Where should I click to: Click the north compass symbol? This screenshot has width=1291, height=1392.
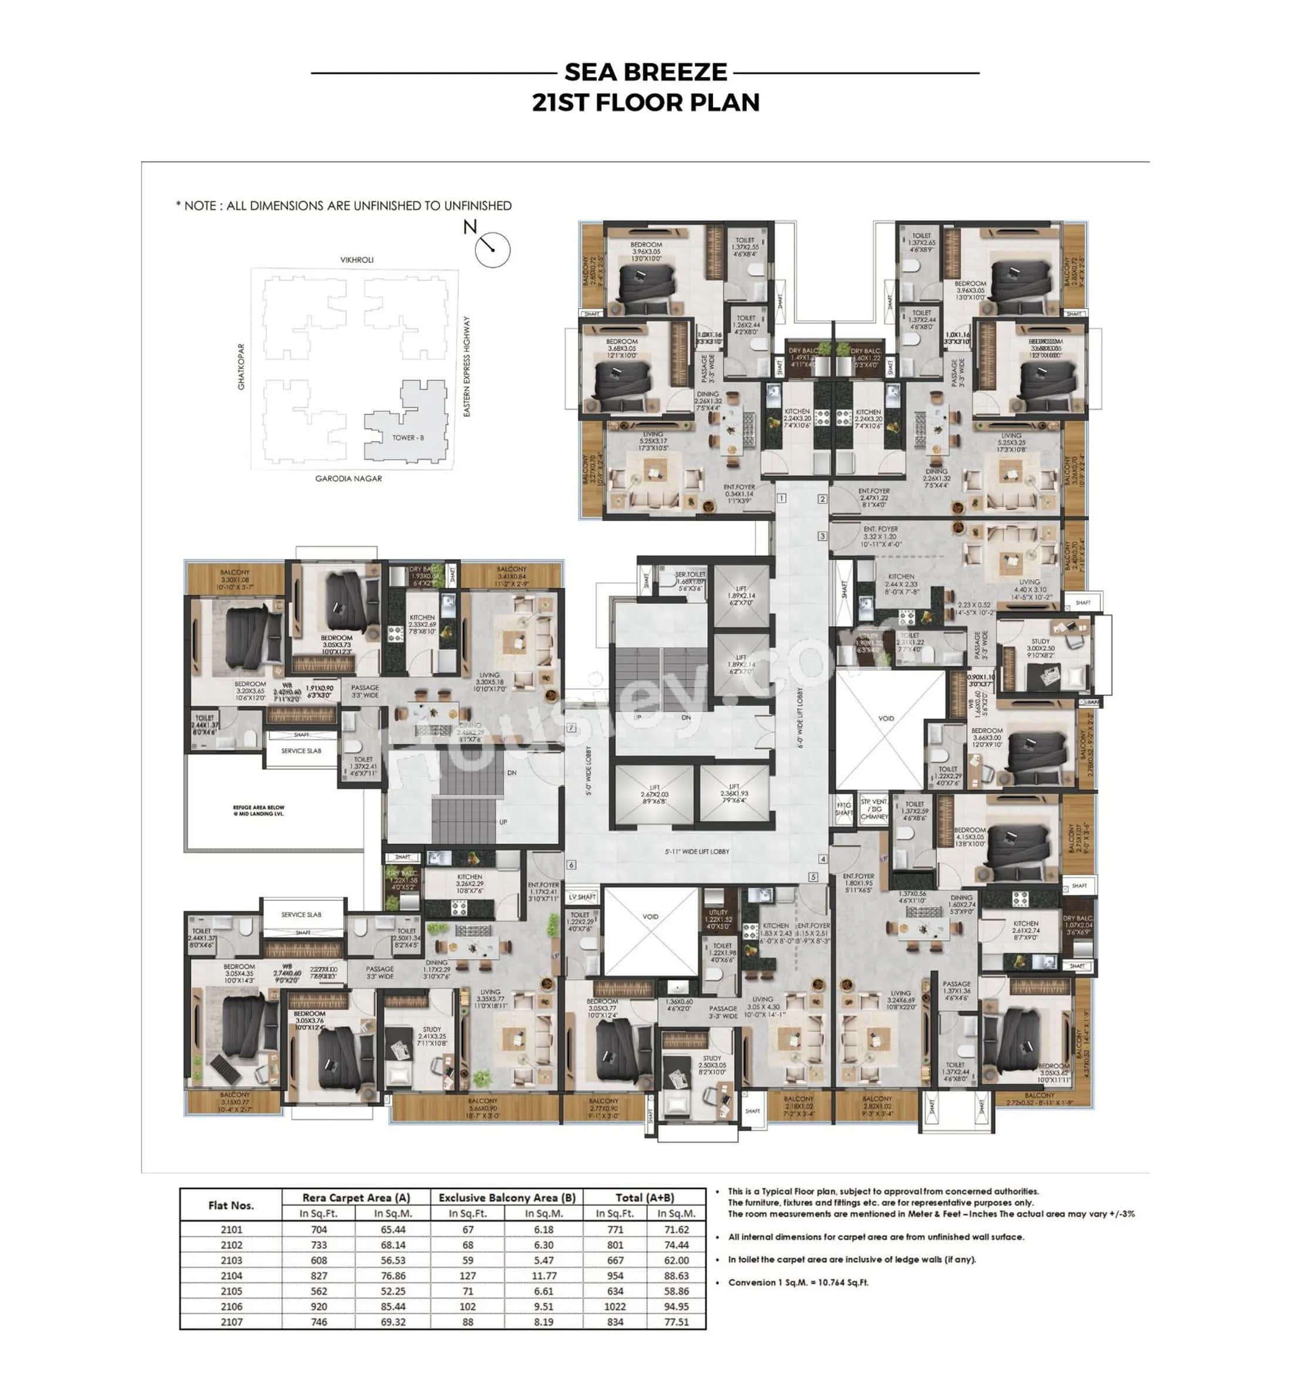pos(492,249)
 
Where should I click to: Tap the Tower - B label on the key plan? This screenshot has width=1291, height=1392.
pos(407,438)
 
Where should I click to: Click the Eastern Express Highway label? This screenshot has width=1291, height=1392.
pos(467,367)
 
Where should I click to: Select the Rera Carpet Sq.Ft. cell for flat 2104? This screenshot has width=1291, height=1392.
pos(319,1275)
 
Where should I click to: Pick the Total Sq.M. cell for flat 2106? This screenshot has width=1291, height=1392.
pos(675,1306)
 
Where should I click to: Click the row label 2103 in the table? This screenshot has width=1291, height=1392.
pos(231,1260)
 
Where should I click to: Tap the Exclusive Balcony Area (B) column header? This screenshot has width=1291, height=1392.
pos(506,1197)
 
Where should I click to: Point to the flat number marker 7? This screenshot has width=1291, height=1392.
pos(571,728)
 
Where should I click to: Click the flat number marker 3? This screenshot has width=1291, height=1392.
pos(822,536)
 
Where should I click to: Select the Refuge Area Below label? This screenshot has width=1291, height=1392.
pos(258,810)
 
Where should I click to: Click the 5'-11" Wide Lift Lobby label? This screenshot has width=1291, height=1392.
pos(697,852)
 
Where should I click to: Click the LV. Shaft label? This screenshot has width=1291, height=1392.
pos(582,897)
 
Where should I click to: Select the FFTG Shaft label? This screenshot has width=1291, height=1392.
pos(843,808)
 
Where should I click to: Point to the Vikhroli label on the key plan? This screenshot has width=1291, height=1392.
pos(356,260)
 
